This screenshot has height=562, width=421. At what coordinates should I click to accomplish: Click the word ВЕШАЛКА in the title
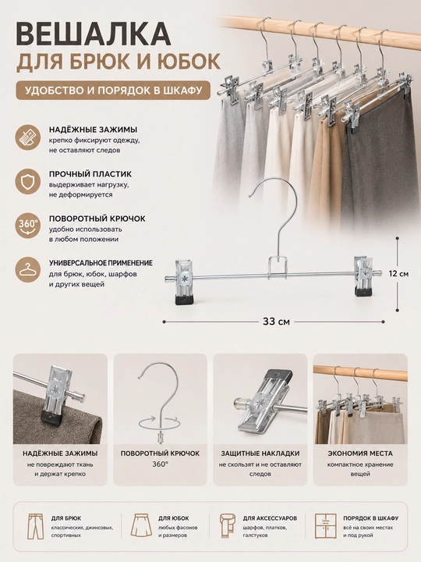[94, 34]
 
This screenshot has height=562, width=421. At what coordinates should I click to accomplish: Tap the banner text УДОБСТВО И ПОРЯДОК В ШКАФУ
[114, 90]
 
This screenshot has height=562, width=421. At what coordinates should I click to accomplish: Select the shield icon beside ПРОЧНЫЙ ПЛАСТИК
[27, 183]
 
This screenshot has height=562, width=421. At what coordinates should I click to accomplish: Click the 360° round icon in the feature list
[27, 227]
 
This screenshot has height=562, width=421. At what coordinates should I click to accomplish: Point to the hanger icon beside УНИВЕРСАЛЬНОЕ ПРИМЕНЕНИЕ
[27, 270]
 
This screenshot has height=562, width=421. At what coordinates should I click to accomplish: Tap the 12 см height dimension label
[398, 274]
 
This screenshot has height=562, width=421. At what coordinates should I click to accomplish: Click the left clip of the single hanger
[183, 282]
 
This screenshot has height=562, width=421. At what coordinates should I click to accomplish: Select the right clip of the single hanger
[364, 276]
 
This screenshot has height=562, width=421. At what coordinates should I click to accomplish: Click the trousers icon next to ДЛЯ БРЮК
[35, 526]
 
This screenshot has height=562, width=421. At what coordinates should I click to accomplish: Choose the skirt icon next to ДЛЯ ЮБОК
[140, 526]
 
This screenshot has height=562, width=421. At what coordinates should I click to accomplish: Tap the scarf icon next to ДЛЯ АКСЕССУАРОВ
[228, 526]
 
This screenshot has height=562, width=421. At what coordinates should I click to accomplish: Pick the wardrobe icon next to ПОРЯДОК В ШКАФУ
[325, 526]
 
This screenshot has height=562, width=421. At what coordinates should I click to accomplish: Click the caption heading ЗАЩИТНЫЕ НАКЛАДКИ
[260, 454]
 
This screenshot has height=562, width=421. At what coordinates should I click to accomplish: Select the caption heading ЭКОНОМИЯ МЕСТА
[360, 454]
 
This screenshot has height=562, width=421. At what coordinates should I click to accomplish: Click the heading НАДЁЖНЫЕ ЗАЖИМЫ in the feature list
[93, 130]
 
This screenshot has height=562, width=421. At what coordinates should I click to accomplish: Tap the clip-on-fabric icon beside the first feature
[27, 137]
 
